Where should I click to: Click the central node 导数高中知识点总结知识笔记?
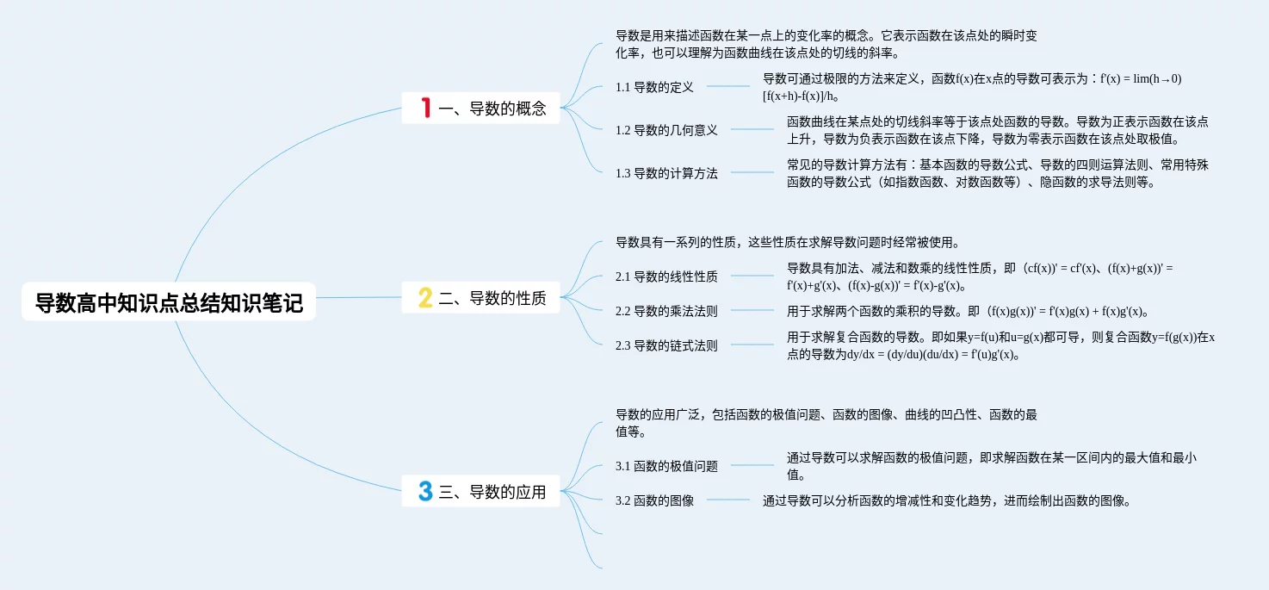169,303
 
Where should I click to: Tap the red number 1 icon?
425,108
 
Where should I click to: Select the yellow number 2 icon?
425,298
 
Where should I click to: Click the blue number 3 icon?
425,492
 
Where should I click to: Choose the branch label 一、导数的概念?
492,109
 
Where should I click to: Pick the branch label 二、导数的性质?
492,299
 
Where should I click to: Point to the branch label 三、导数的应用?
492,493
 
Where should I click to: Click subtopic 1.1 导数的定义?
654,87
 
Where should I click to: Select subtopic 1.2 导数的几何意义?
666,130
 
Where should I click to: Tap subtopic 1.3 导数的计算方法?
666,173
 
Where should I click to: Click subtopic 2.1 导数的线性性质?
666,276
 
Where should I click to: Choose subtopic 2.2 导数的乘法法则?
666,311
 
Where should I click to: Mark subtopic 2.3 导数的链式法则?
666,345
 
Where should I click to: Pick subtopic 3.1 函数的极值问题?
666,466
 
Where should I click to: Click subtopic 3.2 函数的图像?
654,500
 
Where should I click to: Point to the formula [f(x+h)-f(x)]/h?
802,96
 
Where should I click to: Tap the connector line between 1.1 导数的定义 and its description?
728,86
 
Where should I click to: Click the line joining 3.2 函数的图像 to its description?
728,500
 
